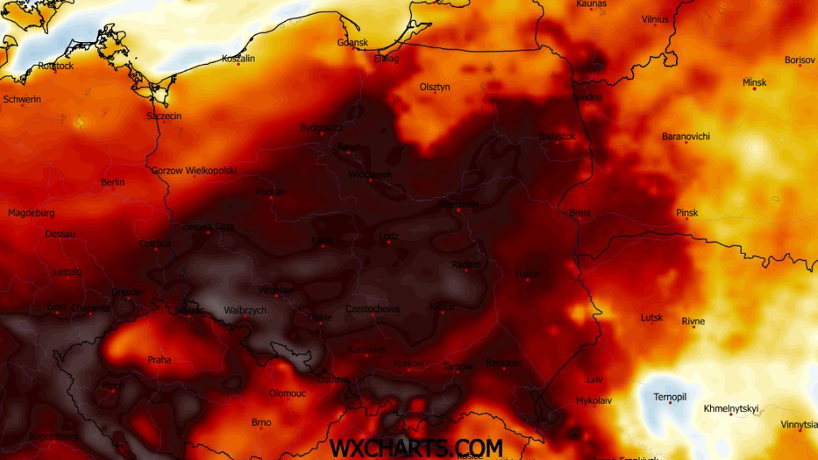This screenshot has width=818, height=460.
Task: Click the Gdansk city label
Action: (352, 42)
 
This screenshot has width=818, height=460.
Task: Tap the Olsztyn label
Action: (435, 87)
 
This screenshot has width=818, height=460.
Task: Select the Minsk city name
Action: (754, 82)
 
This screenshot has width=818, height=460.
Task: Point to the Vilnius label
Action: (655, 20)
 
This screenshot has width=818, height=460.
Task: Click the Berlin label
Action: (112, 182)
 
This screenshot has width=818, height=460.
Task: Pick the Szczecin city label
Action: (164, 116)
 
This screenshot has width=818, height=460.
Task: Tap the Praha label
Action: (160, 359)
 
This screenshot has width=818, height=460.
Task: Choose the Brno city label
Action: (261, 423)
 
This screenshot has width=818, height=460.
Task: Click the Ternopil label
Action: (669, 397)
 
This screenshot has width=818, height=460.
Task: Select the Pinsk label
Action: (687, 213)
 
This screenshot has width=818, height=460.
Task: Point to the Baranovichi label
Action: (686, 136)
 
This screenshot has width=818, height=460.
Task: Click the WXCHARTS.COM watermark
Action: (416, 447)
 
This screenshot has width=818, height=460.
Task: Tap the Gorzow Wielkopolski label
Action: (194, 170)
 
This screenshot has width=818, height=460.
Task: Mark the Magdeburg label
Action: (31, 213)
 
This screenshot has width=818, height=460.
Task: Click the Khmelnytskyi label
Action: (730, 409)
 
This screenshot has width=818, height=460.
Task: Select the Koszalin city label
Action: (238, 59)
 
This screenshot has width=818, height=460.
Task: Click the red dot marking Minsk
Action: (754, 89)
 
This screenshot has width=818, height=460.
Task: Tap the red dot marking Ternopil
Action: (670, 403)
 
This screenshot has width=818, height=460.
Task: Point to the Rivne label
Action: (693, 321)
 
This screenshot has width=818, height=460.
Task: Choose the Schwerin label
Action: (22, 99)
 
